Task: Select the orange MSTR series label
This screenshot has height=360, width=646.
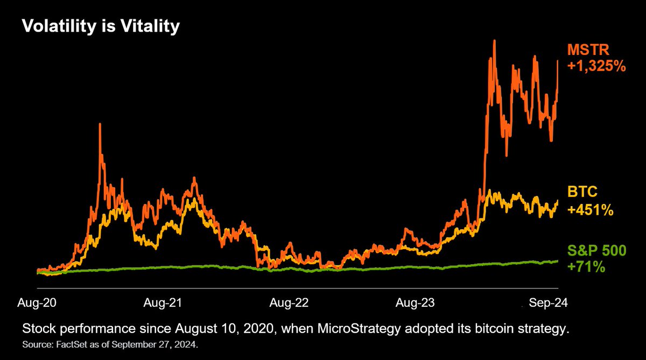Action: click(x=586, y=50)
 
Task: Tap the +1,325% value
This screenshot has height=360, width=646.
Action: click(x=597, y=66)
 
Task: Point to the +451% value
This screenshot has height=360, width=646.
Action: click(x=591, y=209)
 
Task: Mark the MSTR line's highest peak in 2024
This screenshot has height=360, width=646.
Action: click(x=493, y=41)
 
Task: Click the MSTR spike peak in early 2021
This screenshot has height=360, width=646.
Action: click(x=100, y=124)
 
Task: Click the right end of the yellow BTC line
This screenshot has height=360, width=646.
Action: click(x=558, y=201)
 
